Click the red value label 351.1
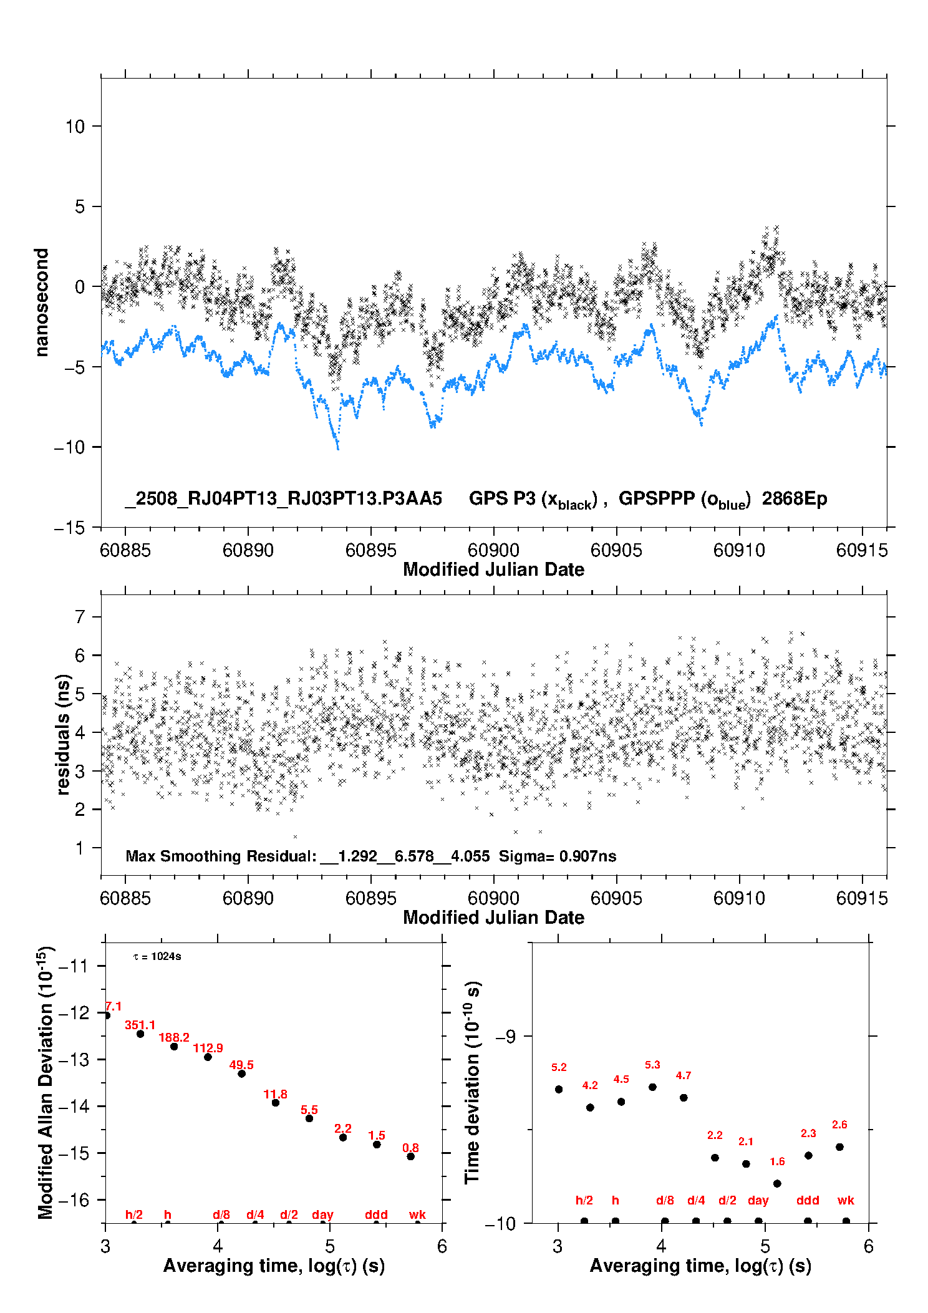[x=140, y=1025]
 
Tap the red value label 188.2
[x=174, y=1037]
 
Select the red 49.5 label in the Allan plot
[x=241, y=1065]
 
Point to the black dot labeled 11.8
[x=276, y=1103]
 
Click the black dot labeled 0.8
[x=410, y=1156]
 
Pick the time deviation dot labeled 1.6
[x=777, y=1183]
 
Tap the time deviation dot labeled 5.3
[x=652, y=1087]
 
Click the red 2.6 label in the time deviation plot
[x=839, y=1125]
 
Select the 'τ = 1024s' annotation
[x=157, y=957]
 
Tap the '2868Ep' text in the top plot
[x=795, y=499]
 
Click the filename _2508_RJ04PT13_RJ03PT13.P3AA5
[x=284, y=499]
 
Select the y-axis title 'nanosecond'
[x=41, y=303]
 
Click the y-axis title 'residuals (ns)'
[x=63, y=735]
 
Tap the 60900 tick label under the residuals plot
[x=493, y=898]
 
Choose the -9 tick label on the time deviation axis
[x=506, y=1037]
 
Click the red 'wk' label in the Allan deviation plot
[x=417, y=1214]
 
